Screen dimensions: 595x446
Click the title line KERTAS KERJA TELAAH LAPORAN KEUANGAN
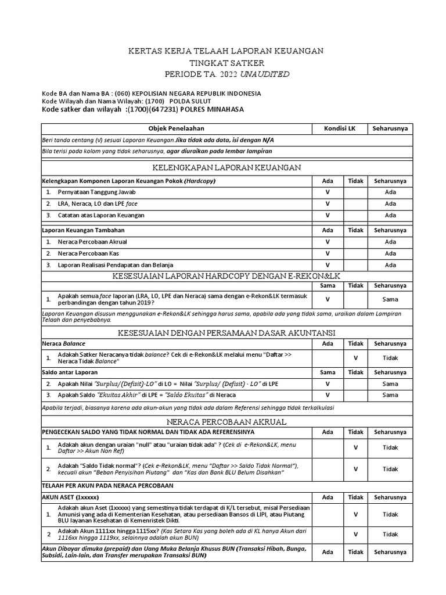click(226, 51)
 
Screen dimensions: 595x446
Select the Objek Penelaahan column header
click(177, 128)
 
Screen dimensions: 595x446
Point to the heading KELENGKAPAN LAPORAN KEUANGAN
click(226, 168)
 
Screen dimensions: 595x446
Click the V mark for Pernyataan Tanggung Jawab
click(328, 192)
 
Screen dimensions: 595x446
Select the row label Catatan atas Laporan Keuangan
click(101, 215)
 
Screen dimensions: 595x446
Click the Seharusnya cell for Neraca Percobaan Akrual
click(390, 242)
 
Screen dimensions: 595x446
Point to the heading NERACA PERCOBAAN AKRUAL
click(226, 421)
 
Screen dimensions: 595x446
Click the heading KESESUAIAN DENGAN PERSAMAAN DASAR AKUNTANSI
click(226, 332)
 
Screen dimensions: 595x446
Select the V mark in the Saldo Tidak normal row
click(355, 469)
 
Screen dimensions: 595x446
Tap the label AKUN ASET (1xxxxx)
click(70, 497)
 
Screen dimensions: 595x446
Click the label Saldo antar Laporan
click(70, 372)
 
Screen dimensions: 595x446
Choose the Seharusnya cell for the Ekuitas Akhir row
click(390, 395)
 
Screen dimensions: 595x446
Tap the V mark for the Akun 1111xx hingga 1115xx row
click(355, 534)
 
